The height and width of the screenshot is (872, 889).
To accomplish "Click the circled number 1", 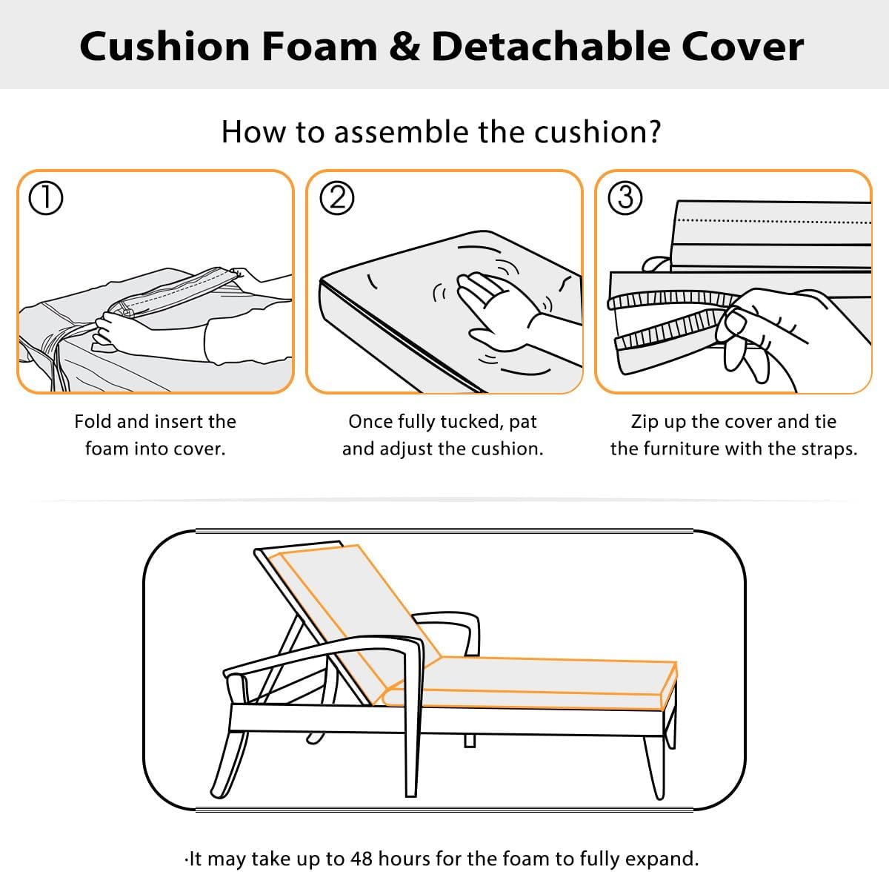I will [44, 199].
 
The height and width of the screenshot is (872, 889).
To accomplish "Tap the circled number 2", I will [336, 199].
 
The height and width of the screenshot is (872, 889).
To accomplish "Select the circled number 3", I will [625, 198].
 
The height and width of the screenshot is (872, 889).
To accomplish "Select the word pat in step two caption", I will [523, 423].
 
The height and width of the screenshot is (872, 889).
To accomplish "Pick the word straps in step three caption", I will [828, 449].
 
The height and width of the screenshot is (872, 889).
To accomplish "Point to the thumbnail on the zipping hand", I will [736, 323].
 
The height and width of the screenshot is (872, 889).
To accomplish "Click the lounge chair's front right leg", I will [653, 764].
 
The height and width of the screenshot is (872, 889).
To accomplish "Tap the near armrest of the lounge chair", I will [326, 653].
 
